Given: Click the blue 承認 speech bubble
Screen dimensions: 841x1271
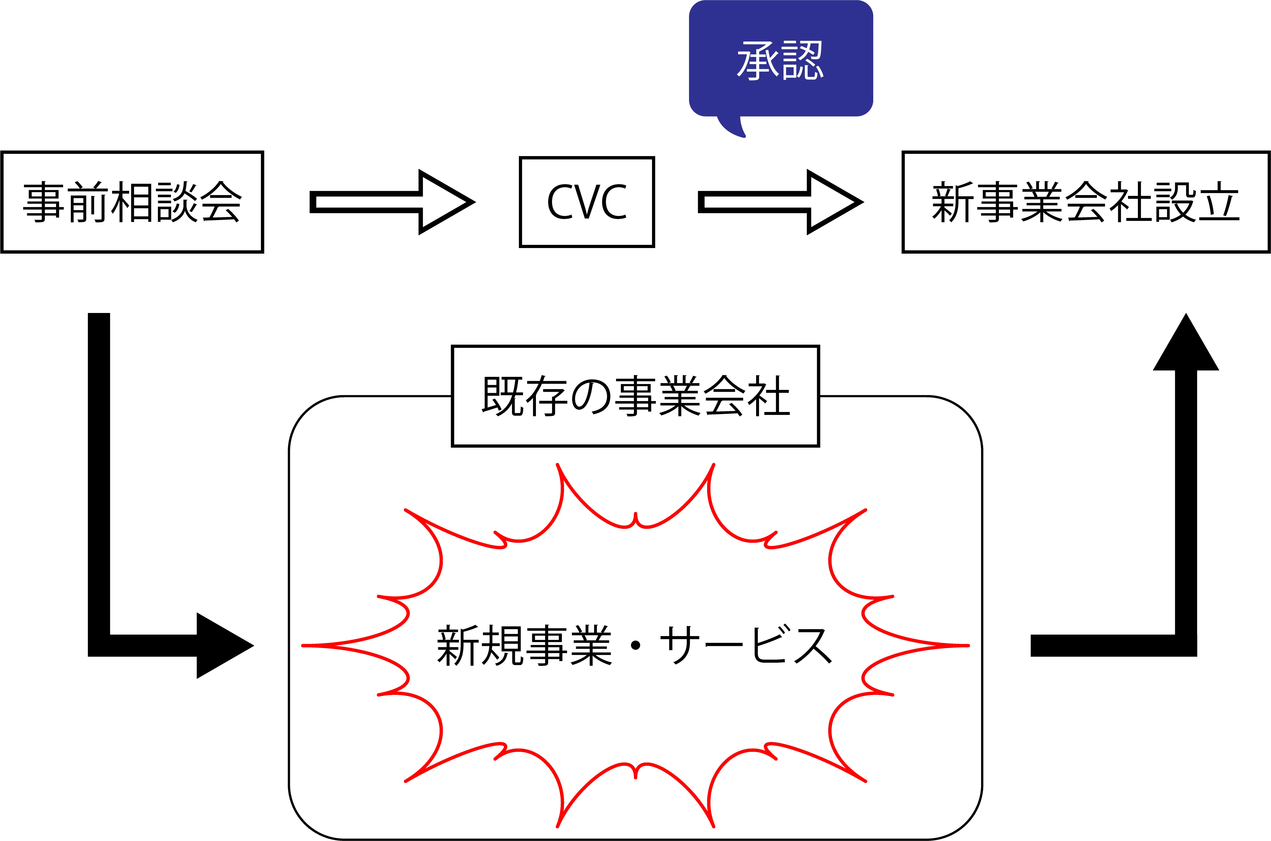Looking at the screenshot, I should (x=780, y=59).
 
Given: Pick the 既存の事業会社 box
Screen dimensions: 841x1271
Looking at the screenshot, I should (x=635, y=396).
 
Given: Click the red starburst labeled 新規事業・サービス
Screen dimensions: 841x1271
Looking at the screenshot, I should (x=635, y=697).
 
